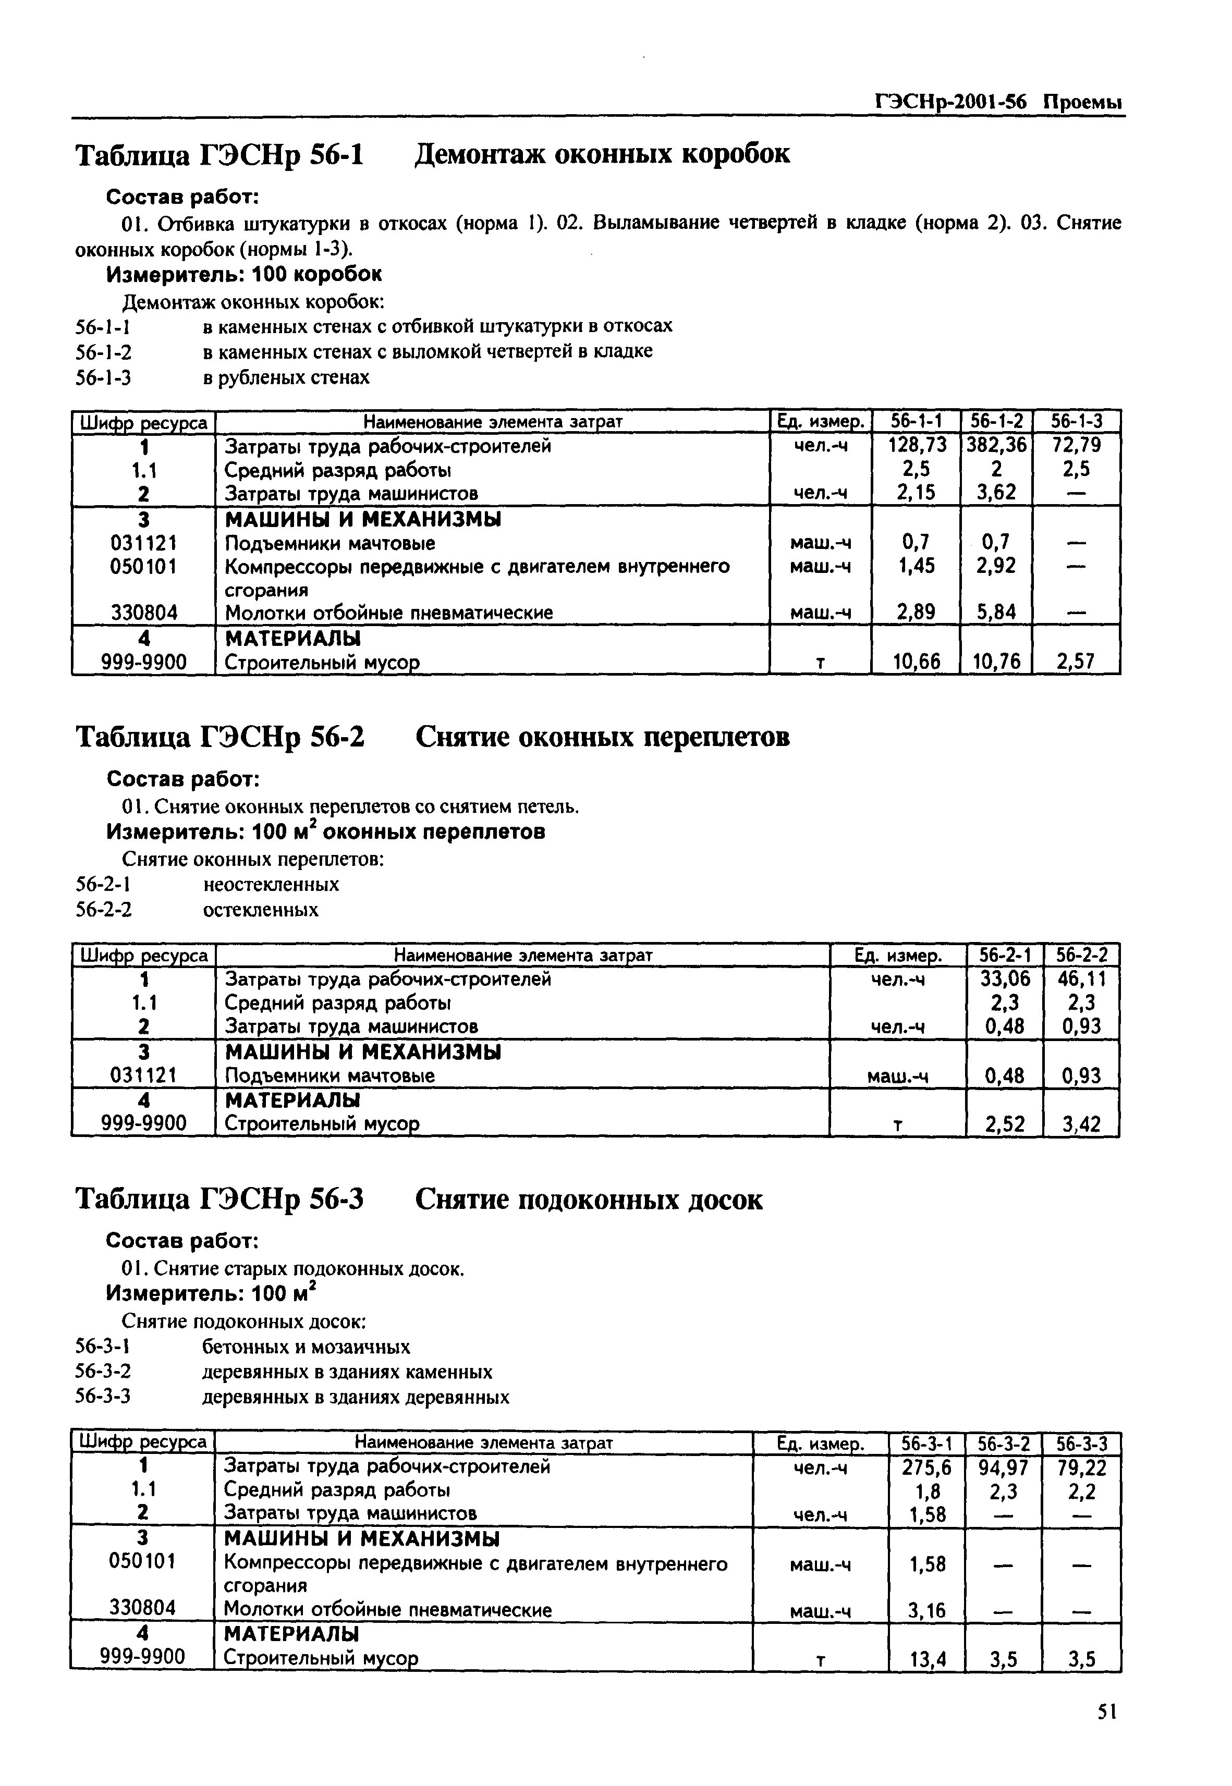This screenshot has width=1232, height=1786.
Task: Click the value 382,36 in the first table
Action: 996,445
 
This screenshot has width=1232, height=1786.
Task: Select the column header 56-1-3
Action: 1076,421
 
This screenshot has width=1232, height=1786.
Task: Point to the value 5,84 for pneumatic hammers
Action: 996,612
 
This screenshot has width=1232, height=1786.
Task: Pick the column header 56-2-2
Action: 1081,956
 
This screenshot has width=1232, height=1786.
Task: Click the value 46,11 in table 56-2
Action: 1081,978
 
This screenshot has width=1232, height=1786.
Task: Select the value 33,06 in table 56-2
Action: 1004,978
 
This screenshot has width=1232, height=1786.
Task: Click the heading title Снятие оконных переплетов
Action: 602,737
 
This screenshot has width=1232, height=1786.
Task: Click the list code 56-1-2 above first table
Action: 103,352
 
